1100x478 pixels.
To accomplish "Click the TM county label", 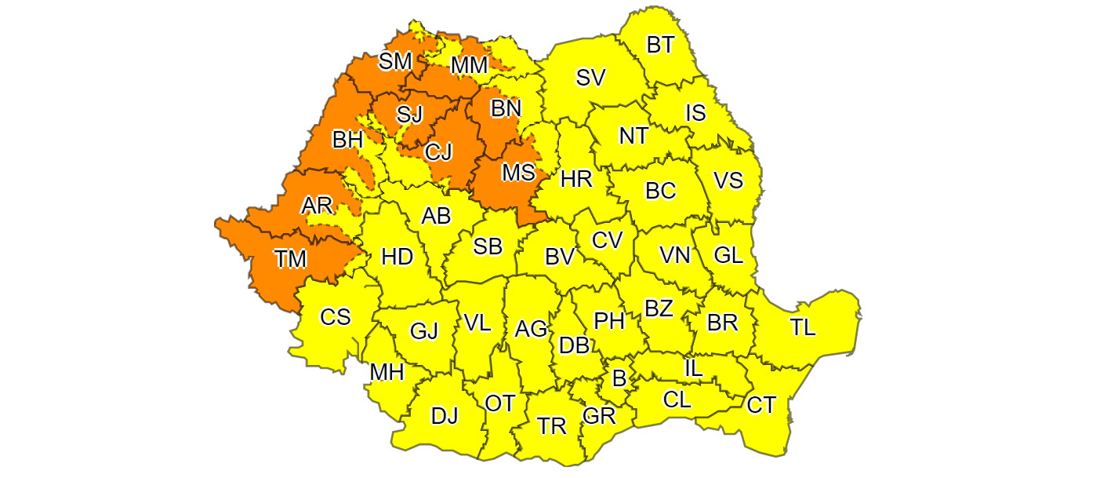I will click(x=290, y=258).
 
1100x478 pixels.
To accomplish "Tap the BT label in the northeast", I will click(x=660, y=45).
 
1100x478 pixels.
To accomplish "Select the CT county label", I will click(x=761, y=405).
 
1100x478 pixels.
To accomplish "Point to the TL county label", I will click(x=802, y=327).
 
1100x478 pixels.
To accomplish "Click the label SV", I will click(x=590, y=77).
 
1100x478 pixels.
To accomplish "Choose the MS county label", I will click(x=518, y=171).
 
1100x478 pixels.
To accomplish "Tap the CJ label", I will click(x=438, y=151).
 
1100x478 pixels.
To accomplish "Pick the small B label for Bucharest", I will click(x=619, y=379).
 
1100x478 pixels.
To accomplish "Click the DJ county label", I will click(x=445, y=416).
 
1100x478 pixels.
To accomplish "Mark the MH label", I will click(x=387, y=372).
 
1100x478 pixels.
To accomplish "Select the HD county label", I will click(x=397, y=256).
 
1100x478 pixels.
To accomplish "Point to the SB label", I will click(x=488, y=246).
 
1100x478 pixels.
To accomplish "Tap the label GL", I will click(x=728, y=255).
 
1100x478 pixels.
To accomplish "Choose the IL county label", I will click(x=694, y=367).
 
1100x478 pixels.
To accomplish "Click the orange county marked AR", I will click(x=318, y=206).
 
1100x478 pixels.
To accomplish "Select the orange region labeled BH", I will click(x=347, y=140).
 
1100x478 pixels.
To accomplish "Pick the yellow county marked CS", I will click(x=336, y=317).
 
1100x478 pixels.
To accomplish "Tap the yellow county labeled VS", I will click(x=728, y=181).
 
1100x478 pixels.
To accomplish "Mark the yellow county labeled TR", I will click(x=552, y=426).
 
